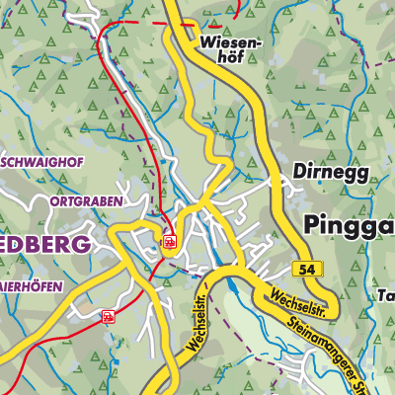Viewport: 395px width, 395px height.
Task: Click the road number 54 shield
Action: pos(307,270)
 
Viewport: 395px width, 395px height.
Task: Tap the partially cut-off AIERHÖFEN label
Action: pos(31,286)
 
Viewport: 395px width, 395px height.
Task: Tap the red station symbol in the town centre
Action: pos(169,241)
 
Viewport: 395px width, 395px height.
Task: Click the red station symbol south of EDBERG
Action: pos(107,317)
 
